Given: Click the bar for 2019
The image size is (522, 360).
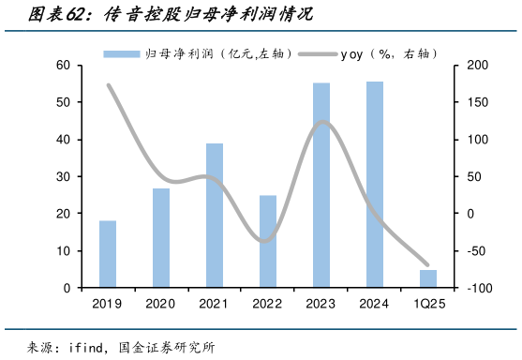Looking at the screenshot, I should pos(108,254).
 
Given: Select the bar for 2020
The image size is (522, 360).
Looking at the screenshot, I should pos(161,238).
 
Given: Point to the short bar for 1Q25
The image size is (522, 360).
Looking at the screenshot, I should pos(427,278).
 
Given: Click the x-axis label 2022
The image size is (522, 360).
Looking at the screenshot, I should pos(268,304).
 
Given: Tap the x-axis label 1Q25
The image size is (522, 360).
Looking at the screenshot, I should pos(427,304).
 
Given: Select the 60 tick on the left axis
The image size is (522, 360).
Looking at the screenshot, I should pos(64,65).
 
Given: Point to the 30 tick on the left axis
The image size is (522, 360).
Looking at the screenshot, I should pos(64,176).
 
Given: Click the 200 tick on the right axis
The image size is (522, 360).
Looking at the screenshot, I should pos(467,65).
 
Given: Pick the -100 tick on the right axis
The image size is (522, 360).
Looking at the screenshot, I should pos(467,289).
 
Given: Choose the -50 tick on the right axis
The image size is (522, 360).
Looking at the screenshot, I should pos(467,251).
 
